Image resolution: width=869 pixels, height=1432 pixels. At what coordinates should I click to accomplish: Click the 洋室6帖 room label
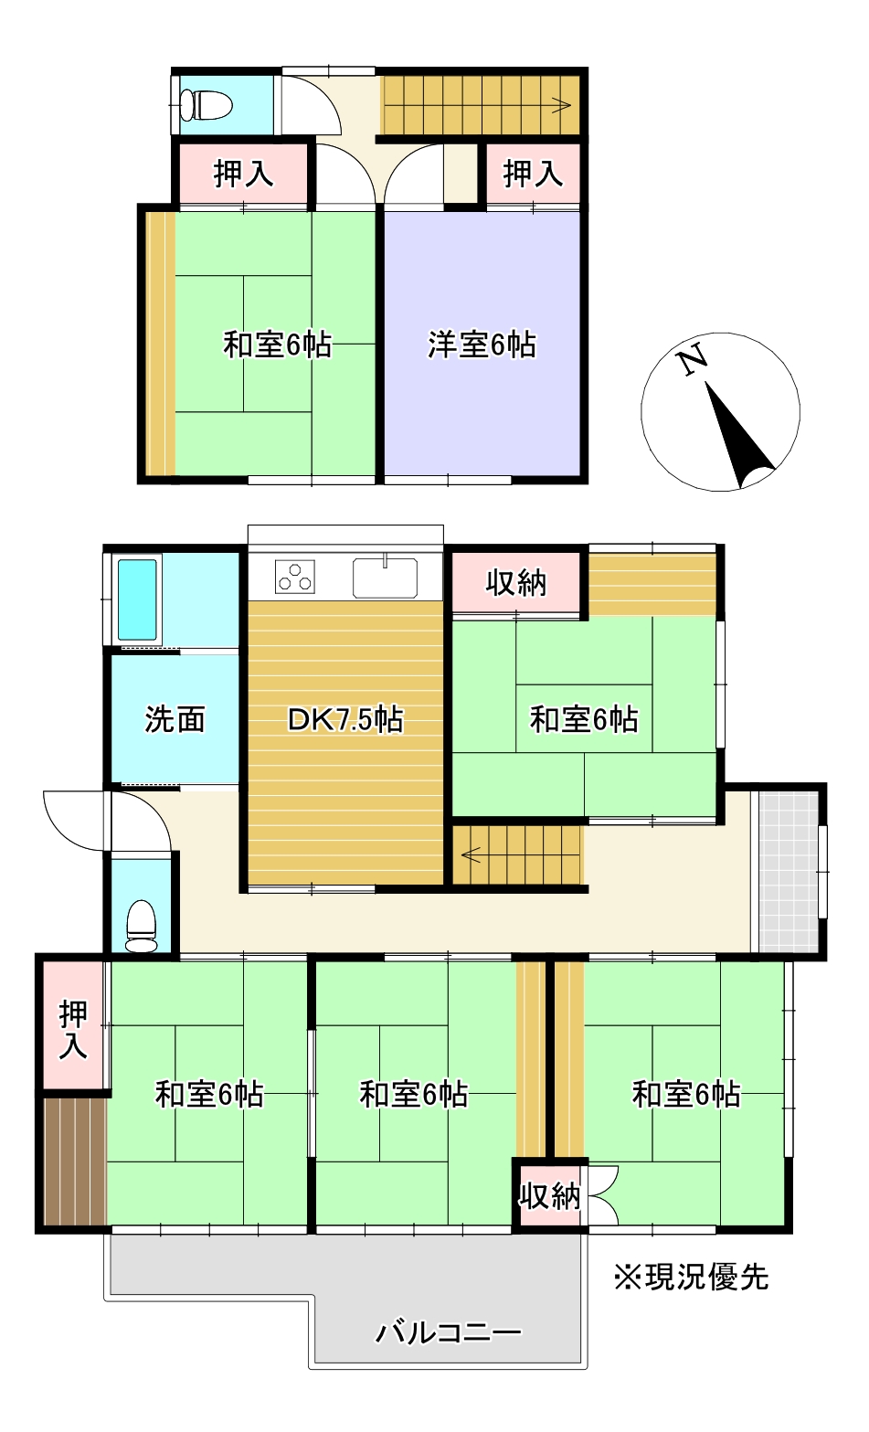coord(482,345)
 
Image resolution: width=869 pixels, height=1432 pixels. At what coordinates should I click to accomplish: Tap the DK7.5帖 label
coord(345,720)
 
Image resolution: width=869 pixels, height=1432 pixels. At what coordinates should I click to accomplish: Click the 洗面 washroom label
coord(175,720)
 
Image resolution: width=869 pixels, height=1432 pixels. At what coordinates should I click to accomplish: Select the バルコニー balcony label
coord(448,1332)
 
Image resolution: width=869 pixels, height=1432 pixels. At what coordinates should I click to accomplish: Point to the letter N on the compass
coord(693,360)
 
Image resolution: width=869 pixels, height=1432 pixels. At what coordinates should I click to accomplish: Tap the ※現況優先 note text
coord(691,1278)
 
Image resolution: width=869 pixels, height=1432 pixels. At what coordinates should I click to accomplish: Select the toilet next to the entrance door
coord(141,925)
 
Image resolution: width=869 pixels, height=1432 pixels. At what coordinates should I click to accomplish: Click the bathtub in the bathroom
coord(137,599)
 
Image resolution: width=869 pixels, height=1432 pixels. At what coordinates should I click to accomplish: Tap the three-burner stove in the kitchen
coord(295,578)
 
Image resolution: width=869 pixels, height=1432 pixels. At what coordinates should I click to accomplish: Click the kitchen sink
coord(385,578)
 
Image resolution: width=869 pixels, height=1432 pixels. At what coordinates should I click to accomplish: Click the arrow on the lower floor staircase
coord(472,856)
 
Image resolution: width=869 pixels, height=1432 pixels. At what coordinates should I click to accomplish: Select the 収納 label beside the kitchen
coord(516,582)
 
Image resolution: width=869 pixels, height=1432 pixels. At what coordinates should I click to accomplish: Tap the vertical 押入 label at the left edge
coord(73,1030)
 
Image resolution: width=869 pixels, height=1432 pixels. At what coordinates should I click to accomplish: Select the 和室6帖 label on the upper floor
coord(277,345)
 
